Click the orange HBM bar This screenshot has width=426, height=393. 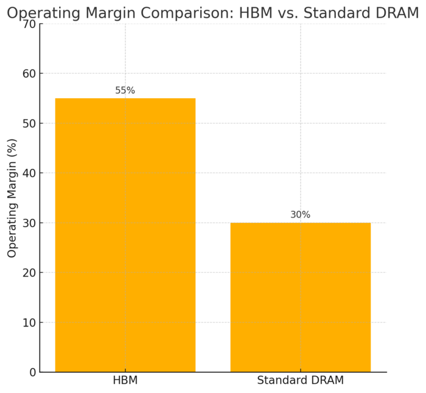(x=125, y=235)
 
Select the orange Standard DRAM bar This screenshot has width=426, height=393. (x=300, y=297)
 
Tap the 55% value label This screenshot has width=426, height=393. (x=125, y=91)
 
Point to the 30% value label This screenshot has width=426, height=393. (x=300, y=215)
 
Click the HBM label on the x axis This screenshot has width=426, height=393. (x=125, y=381)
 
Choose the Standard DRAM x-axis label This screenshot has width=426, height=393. (x=300, y=381)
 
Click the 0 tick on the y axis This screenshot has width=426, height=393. (x=32, y=372)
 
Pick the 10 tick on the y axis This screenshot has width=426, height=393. (x=29, y=322)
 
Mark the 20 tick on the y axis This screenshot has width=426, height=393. (x=29, y=272)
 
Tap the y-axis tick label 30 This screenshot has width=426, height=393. (x=29, y=223)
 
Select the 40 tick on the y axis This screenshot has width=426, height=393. (x=29, y=173)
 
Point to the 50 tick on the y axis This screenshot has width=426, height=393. (x=29, y=124)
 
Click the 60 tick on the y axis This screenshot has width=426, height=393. (x=29, y=74)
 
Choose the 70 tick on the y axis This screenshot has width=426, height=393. (x=29, y=24)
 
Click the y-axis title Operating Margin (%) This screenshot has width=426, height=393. (x=12, y=198)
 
